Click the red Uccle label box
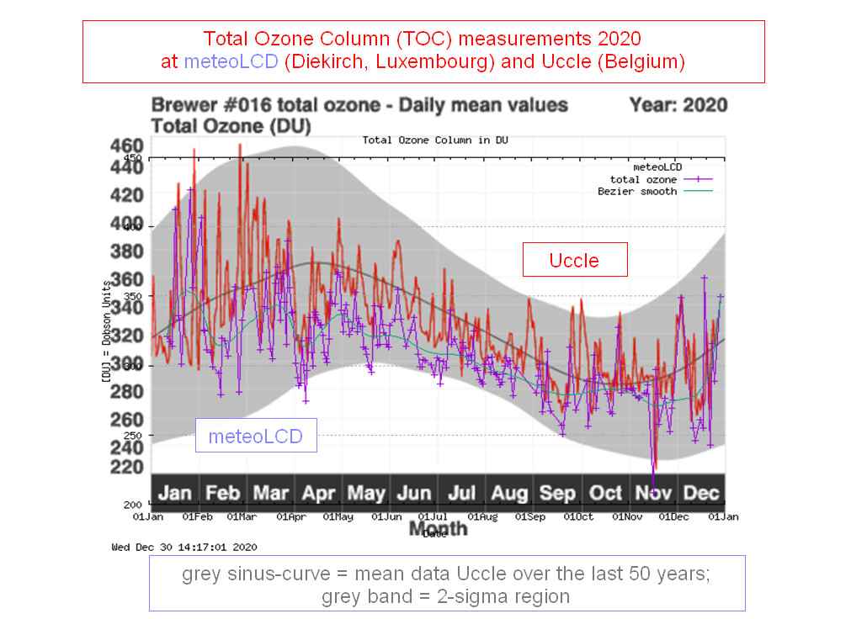[575, 260]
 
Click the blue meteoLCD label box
[256, 436]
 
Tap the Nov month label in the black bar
[654, 493]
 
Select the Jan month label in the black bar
[174, 493]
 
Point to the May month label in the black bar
[366, 493]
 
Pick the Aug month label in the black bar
[509, 493]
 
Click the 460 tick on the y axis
[127, 145]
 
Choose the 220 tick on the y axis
[127, 467]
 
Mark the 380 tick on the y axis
[127, 251]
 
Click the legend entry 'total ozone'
[643, 179]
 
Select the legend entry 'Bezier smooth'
[636, 191]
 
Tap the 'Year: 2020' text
[678, 106]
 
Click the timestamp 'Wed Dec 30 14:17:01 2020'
[184, 547]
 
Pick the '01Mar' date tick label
[242, 516]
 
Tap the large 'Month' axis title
[438, 528]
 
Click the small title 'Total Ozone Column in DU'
[435, 140]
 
